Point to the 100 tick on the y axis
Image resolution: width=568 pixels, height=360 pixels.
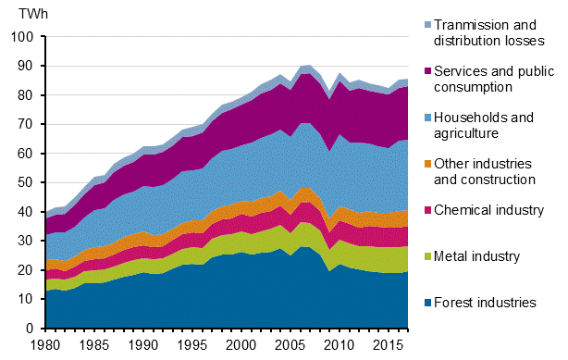tap(21, 36)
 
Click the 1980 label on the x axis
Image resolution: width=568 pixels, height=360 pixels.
tap(43, 345)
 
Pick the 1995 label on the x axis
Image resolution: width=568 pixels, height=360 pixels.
tap(191, 345)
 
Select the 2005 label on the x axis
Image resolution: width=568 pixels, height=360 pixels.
tap(290, 345)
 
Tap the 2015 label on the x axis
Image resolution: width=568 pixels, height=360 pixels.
tap(388, 345)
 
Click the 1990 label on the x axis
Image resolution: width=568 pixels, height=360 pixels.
tap(142, 345)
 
